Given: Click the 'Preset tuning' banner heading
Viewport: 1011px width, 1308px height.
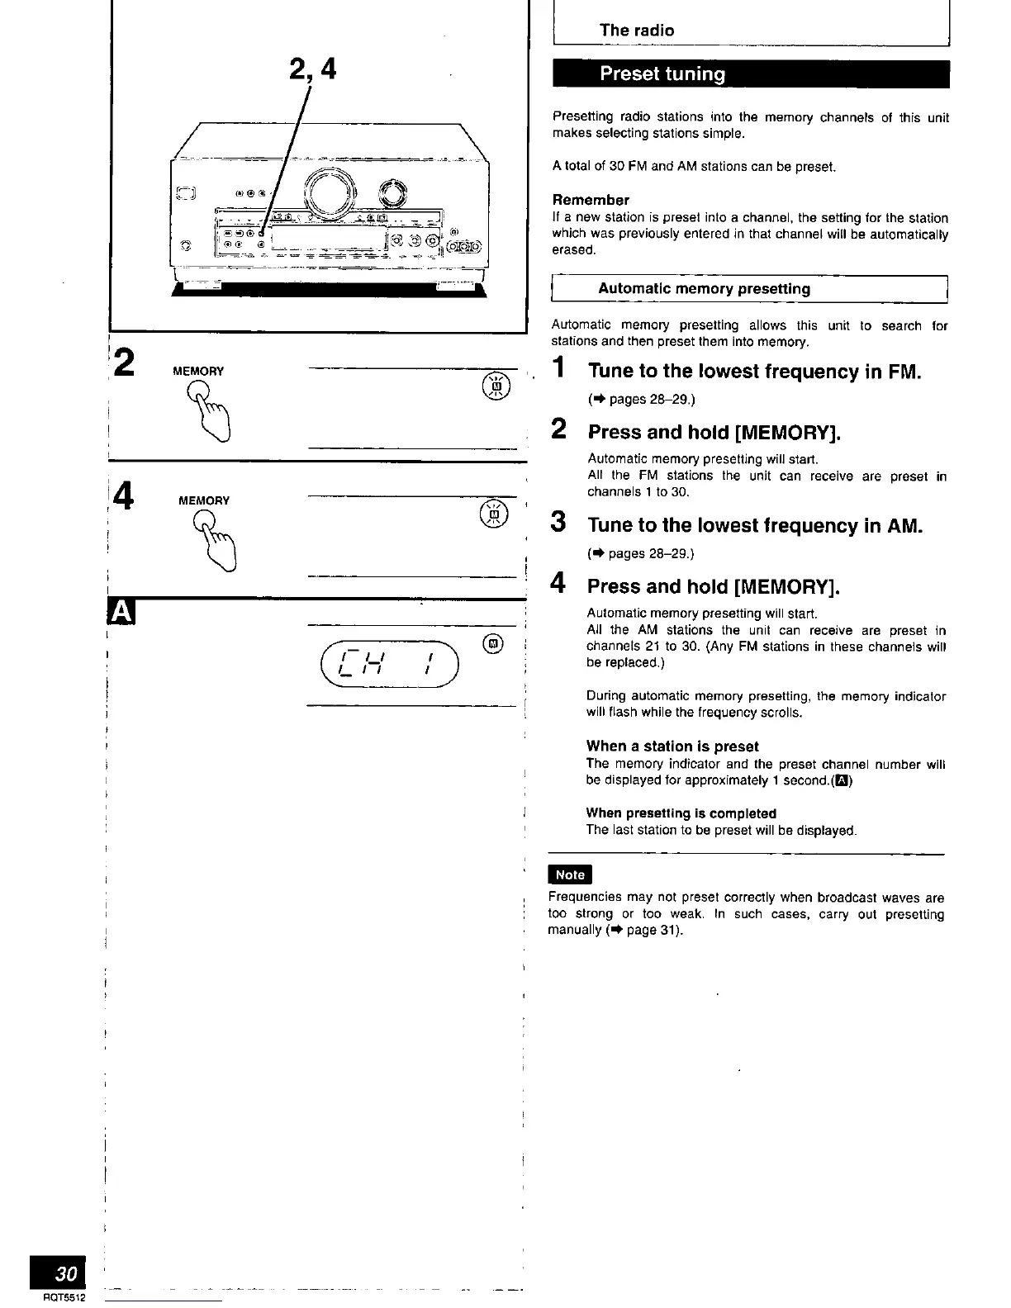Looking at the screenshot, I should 662,74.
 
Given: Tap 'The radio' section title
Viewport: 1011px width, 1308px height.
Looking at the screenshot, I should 636,31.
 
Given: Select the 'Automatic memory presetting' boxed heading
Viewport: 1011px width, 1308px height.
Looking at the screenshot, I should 704,289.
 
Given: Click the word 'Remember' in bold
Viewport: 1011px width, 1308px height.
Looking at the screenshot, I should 591,200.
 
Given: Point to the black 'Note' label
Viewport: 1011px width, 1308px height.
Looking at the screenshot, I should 570,874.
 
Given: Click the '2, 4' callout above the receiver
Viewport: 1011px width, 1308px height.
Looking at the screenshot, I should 312,69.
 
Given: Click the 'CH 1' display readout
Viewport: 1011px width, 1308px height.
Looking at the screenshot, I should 387,663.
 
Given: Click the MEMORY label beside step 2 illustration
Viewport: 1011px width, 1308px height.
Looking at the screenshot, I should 198,372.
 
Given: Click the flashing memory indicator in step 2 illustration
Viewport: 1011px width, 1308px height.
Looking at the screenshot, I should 496,386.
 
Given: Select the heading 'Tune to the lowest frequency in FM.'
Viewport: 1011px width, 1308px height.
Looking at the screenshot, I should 754,372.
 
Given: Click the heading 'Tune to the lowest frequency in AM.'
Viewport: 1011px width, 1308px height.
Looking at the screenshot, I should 754,526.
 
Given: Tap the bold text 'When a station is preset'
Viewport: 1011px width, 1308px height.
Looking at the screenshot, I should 672,746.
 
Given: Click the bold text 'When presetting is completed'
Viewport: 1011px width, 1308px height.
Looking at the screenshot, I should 681,813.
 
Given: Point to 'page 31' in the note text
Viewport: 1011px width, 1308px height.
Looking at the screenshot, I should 653,931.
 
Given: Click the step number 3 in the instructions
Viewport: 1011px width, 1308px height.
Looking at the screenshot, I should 559,522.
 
